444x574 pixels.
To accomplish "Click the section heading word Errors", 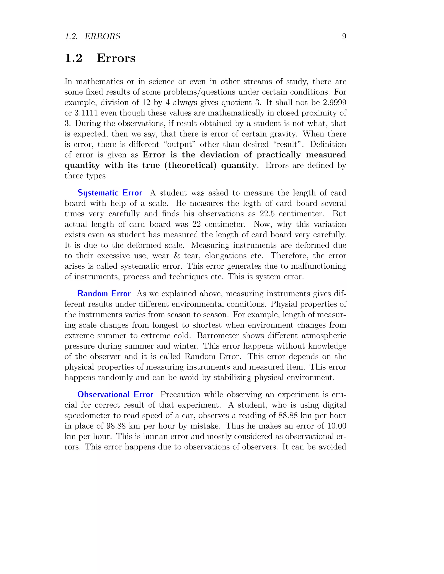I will coord(116,58).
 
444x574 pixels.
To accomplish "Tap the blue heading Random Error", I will coord(104,293).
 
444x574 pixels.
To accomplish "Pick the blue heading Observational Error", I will coord(115,394).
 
